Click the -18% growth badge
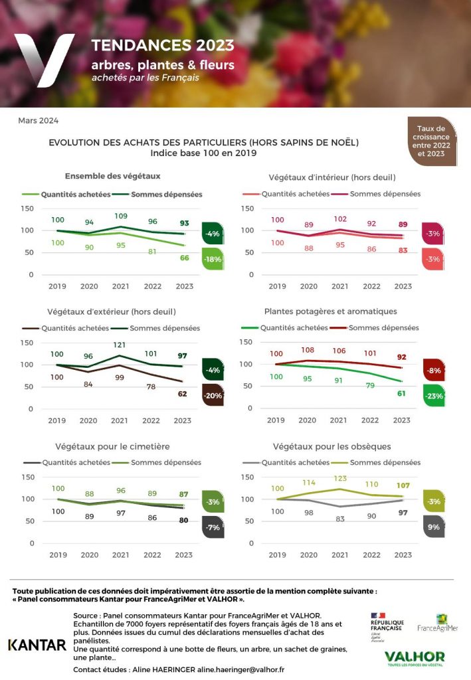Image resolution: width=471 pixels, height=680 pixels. point(213,259)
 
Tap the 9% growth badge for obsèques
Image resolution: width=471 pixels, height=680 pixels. point(432,527)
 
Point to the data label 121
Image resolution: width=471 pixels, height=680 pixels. point(120,345)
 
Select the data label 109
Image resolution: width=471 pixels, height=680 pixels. point(120,216)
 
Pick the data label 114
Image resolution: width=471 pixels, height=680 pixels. point(308,483)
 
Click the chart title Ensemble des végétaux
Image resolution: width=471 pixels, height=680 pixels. point(112,176)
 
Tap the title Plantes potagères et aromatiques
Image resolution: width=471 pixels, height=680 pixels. point(330,311)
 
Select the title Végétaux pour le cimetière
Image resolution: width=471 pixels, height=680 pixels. point(108,446)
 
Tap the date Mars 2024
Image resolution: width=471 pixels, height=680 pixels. point(39,120)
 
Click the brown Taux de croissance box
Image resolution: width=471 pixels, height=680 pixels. point(432,141)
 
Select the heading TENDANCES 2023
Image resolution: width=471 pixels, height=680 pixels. point(163,45)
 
